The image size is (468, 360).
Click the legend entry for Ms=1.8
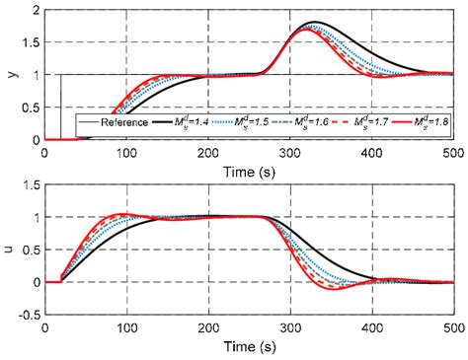click(x=434, y=124)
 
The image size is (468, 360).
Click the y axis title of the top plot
click(x=9, y=74)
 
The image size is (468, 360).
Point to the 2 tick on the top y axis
click(x=36, y=10)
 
